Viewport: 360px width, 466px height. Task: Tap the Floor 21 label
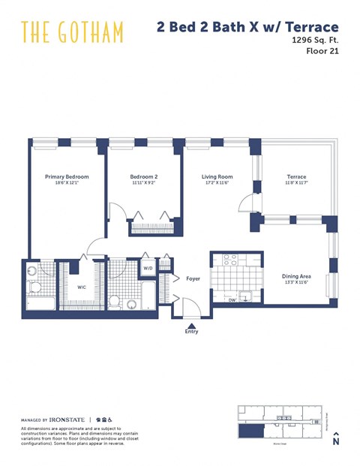tap(323, 53)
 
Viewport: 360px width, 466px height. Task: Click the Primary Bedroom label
tap(67, 176)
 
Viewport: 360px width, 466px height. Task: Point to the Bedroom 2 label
tap(144, 176)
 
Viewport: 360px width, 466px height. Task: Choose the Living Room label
tap(217, 176)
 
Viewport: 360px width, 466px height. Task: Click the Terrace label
tap(296, 176)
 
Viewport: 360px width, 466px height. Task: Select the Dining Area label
tap(296, 275)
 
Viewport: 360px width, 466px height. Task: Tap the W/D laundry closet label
tap(148, 268)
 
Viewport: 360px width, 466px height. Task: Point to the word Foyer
tap(193, 278)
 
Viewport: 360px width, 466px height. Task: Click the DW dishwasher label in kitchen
tap(232, 299)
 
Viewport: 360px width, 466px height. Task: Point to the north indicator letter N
tap(335, 442)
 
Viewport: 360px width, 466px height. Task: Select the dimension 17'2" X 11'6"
tap(217, 182)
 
